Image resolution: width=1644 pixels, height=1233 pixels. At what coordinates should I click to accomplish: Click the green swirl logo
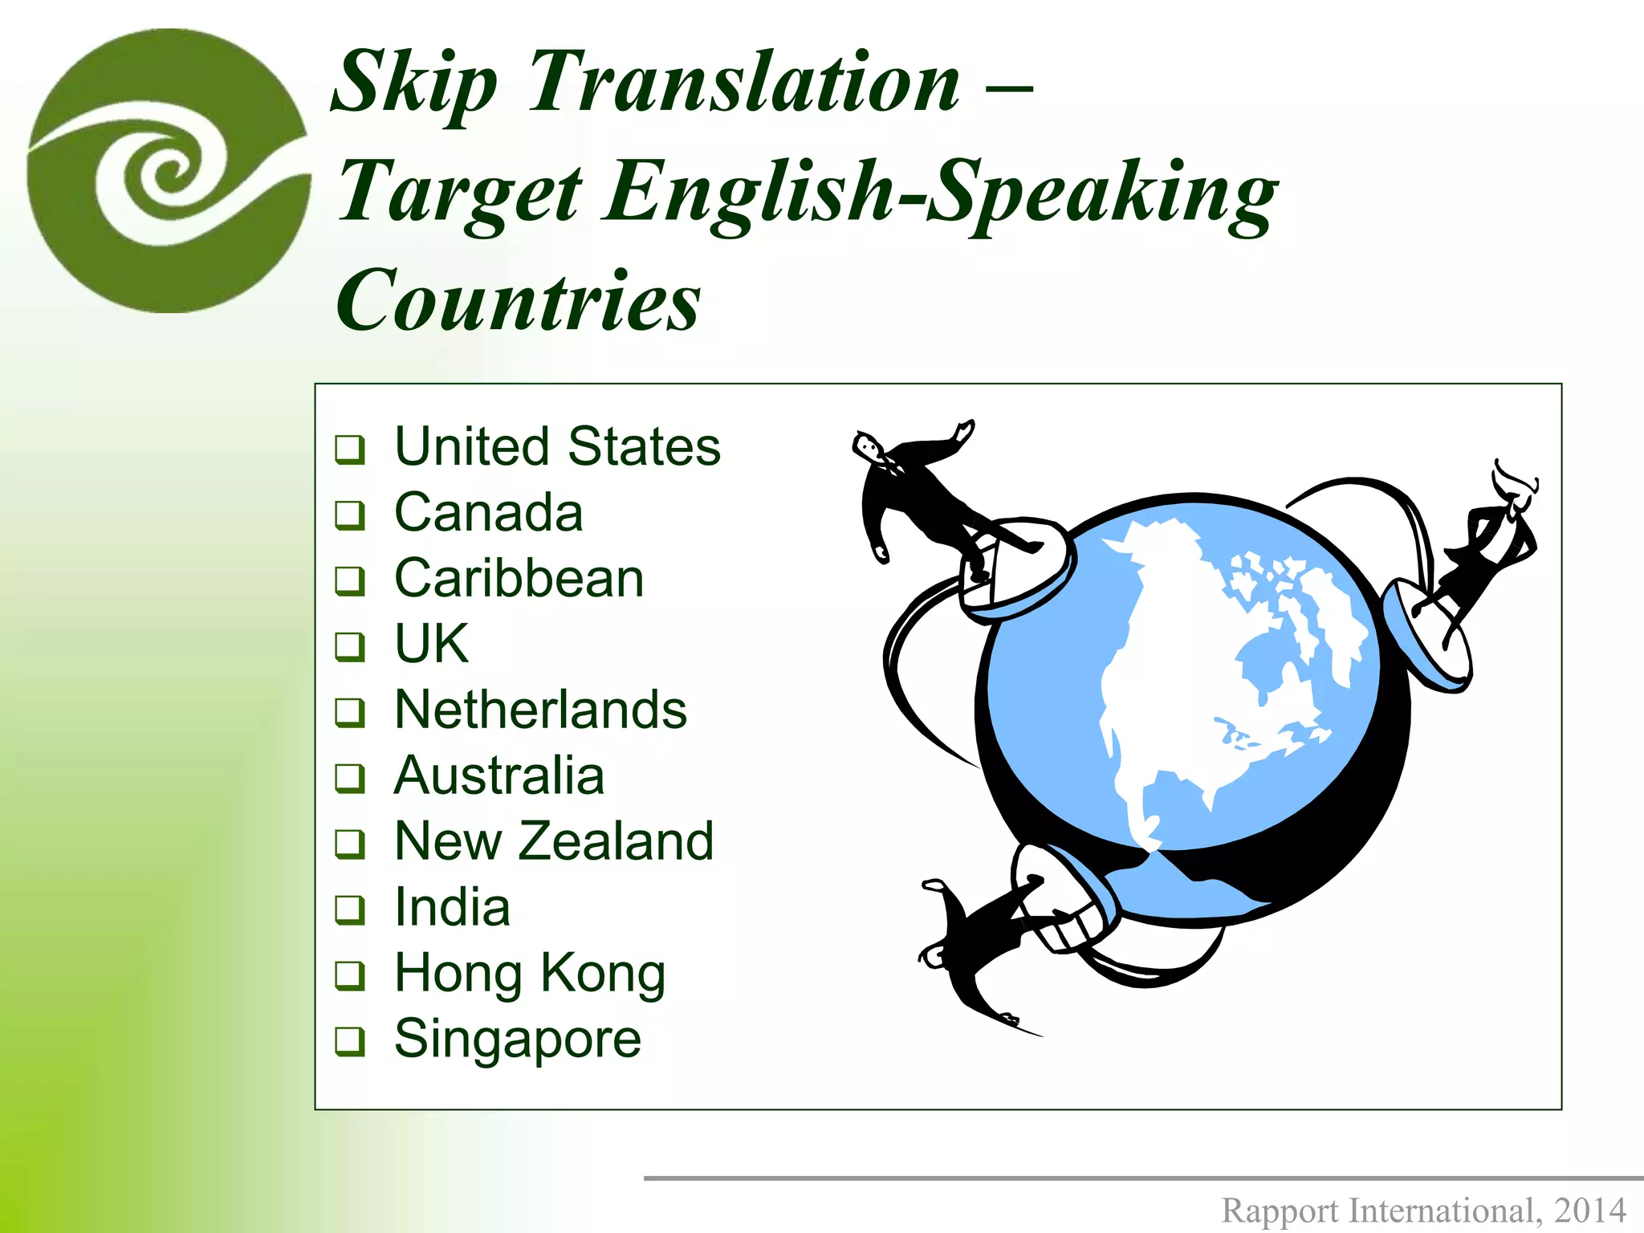(169, 170)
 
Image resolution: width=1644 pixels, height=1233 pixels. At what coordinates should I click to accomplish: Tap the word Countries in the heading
(519, 300)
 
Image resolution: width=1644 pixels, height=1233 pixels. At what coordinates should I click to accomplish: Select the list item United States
(557, 446)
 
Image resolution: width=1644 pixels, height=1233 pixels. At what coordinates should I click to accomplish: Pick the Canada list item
(488, 512)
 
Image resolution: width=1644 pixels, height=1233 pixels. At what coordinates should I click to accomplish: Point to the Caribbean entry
(519, 578)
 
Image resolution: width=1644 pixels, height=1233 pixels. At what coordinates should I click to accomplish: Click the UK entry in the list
(431, 644)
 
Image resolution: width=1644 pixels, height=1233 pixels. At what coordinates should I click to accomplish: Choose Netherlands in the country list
(540, 710)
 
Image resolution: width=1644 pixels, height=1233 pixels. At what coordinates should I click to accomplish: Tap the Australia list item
(498, 775)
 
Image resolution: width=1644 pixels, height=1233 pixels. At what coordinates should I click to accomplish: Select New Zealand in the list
(554, 841)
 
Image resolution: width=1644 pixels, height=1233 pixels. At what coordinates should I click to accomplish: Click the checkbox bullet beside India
(350, 909)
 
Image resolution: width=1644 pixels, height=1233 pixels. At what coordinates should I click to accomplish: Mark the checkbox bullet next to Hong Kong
(350, 975)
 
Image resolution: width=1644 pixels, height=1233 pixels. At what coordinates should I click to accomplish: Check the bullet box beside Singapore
(350, 1041)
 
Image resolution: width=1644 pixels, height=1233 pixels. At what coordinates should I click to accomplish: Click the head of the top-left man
(868, 446)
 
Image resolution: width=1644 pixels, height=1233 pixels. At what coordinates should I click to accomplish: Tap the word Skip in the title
(413, 82)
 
